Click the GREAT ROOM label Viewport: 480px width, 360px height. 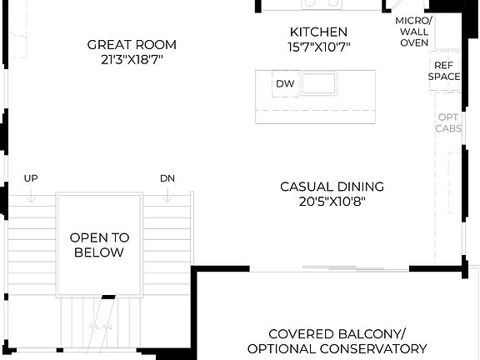(132, 44)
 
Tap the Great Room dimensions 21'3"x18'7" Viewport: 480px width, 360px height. (132, 60)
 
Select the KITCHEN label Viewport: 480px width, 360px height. (312, 32)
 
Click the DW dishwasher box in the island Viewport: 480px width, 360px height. (285, 83)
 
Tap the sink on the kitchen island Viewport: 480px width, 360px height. (318, 83)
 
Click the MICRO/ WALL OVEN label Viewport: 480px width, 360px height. (412, 31)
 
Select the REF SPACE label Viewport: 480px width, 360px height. (444, 70)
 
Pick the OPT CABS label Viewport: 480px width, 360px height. (447, 123)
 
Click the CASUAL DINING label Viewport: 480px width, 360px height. (332, 187)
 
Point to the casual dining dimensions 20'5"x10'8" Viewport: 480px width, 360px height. (332, 202)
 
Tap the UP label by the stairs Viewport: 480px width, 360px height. (31, 178)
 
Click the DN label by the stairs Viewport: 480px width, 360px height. (167, 178)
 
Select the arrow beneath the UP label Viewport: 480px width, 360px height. (31, 195)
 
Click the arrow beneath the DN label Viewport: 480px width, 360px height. (167, 195)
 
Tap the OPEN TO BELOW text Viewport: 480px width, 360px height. (97, 244)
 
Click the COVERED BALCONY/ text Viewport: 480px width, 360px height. (337, 332)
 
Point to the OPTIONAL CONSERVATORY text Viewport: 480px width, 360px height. (337, 348)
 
